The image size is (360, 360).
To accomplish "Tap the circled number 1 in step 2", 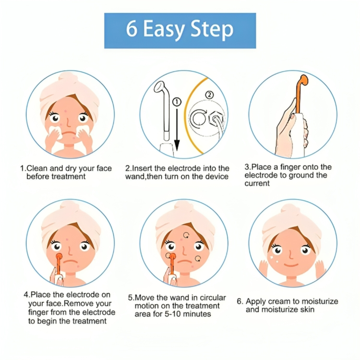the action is pos(177,102).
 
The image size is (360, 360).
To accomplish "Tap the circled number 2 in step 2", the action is pos(209,95).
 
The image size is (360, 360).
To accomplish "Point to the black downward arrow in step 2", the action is pos(177,130).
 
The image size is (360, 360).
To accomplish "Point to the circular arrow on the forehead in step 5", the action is pos(186,235).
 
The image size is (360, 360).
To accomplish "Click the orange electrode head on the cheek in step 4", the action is pos(59,256).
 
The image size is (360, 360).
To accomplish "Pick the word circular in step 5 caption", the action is pos(213,298).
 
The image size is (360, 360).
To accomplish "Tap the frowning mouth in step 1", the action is pos(68,134).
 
